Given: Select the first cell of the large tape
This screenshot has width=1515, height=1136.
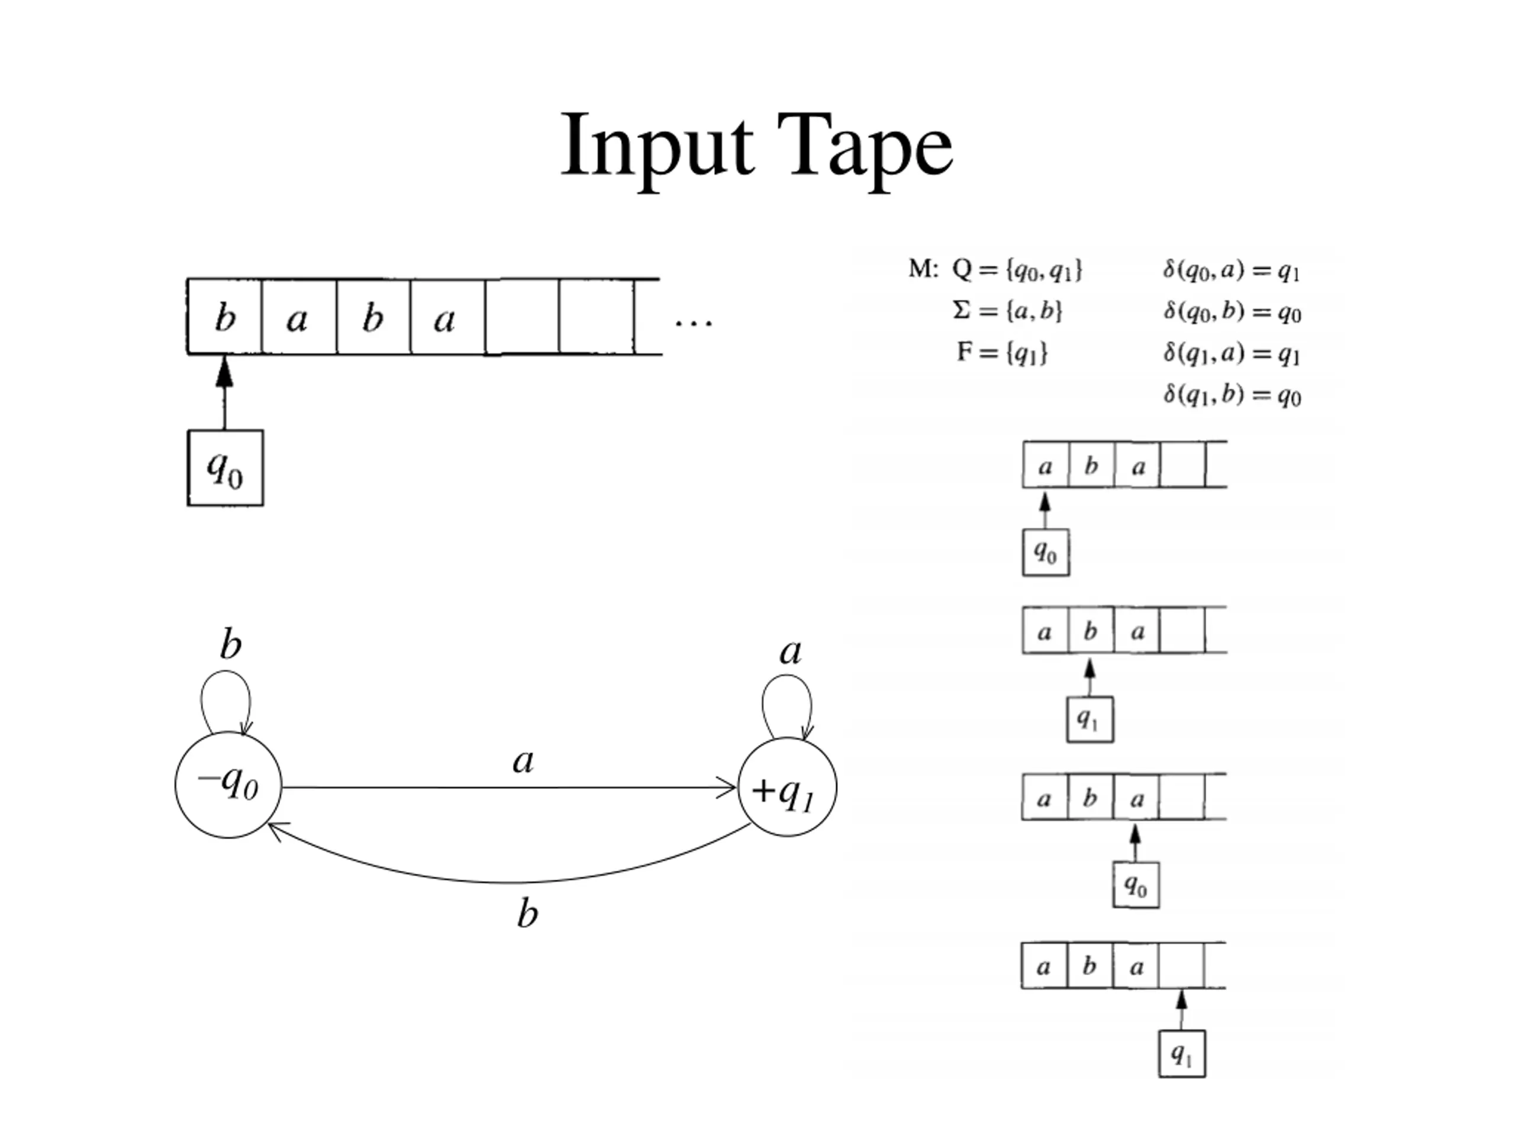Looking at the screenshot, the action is tap(225, 317).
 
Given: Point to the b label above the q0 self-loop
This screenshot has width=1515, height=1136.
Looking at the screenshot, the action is tap(231, 644).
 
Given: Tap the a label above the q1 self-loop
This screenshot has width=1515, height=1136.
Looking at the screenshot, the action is tap(791, 652).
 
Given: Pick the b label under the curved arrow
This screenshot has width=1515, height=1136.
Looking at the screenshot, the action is tap(527, 914).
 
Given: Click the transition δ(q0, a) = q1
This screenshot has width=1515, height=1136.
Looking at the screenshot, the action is tap(1232, 271).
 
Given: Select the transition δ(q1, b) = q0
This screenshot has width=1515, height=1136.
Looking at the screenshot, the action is tap(1232, 395).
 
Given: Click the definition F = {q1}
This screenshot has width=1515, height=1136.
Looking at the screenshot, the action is tap(1002, 353).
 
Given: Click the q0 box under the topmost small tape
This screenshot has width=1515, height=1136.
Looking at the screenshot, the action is tap(1046, 552).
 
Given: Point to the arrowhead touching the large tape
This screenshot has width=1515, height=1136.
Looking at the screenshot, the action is tap(225, 370).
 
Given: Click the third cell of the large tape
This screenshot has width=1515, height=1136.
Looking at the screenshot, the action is tap(373, 317).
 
